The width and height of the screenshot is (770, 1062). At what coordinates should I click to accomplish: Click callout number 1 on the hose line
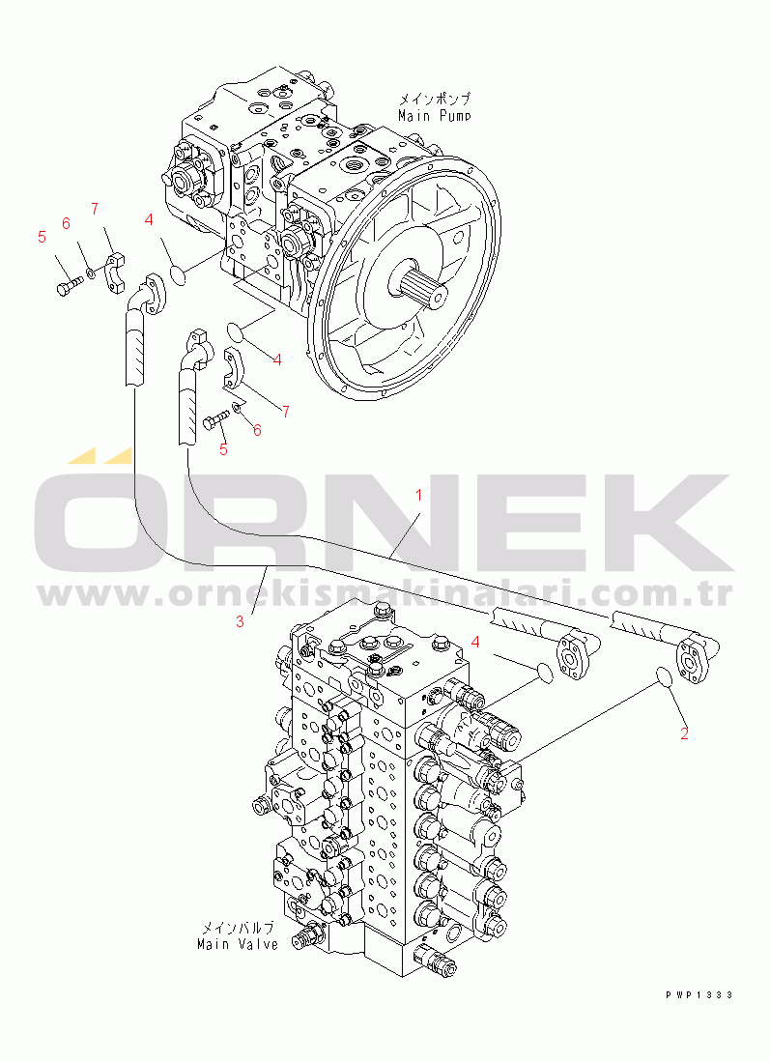coord(418,495)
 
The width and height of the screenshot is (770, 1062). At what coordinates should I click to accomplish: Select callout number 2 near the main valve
coord(685,732)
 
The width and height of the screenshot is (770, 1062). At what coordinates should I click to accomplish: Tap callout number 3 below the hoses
coord(240,621)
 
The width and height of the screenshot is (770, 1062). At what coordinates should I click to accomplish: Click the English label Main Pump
coord(434,116)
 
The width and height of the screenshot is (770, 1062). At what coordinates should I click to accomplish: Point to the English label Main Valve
coord(238,943)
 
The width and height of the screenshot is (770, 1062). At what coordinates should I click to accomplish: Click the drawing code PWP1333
coord(699,995)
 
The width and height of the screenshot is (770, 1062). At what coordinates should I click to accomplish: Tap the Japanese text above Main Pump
coord(434,99)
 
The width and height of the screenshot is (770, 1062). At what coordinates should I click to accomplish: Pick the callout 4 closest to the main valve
coord(476,642)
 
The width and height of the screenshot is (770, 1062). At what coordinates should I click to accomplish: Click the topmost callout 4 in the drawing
coord(149,219)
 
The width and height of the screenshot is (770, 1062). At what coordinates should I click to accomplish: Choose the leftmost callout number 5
coord(42,237)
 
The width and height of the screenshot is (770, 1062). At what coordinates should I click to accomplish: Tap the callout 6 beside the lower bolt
coord(257,430)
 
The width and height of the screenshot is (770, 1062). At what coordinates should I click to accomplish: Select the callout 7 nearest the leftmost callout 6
coord(95,208)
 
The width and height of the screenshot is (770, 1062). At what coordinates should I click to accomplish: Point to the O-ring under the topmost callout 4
coord(177,275)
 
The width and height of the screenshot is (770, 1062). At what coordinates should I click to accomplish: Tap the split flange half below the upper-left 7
coord(116,273)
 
